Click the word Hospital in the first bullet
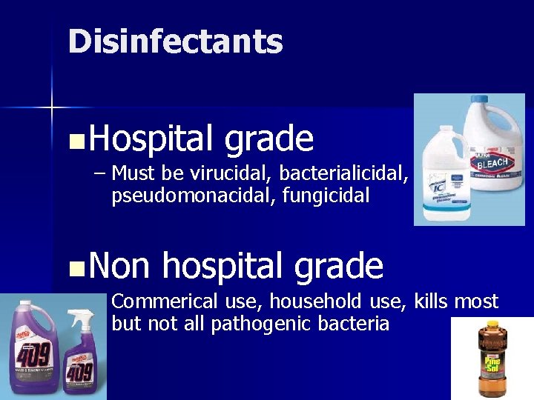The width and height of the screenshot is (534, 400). (153, 139)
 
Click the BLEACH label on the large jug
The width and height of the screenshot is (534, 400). (491, 162)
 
